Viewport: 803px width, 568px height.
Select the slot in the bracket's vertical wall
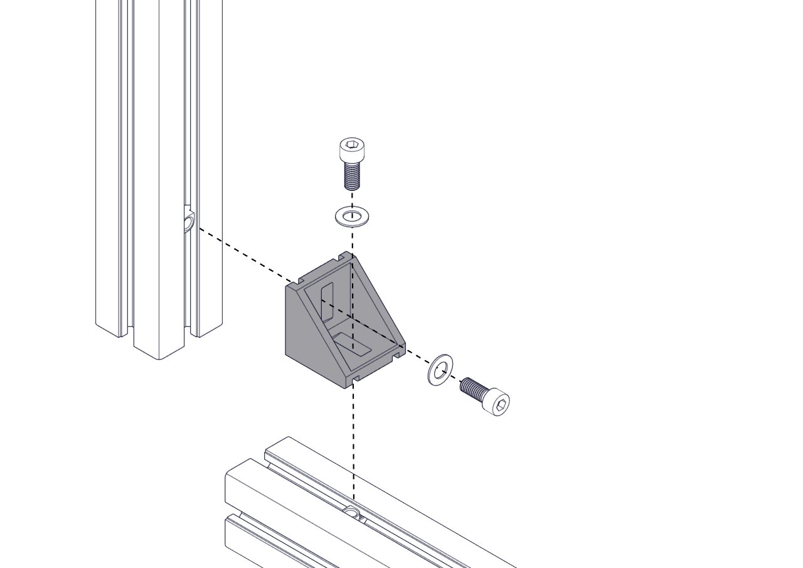point(327,300)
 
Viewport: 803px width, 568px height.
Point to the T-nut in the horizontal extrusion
point(354,514)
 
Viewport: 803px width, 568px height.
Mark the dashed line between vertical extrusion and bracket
point(245,254)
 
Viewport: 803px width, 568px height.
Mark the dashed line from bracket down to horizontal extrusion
point(354,439)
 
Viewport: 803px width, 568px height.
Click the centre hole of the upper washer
point(353,217)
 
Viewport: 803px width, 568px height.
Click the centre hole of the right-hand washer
point(441,368)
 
